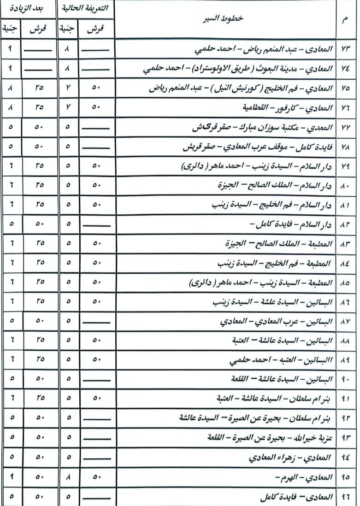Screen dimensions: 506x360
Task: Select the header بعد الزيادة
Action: coord(29,9)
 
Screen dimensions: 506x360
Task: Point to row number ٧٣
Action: coord(346,49)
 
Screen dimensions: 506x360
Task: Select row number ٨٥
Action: coord(346,282)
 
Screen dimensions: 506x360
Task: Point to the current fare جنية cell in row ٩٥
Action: coord(68,477)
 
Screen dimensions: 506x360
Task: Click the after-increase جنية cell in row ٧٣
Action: coord(11,49)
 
